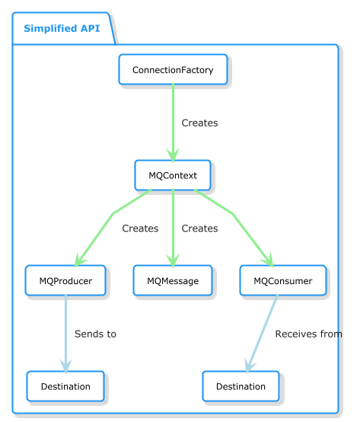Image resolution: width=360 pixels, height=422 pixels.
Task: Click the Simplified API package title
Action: (62, 28)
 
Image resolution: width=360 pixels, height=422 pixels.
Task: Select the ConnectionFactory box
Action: (173, 69)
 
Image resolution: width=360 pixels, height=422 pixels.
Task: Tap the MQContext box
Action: (173, 175)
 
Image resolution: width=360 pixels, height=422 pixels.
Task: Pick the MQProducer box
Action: (65, 280)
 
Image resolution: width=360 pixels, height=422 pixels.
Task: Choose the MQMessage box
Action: (173, 280)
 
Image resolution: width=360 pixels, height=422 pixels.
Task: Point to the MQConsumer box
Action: (283, 280)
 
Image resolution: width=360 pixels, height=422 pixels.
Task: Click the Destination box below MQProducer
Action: (65, 386)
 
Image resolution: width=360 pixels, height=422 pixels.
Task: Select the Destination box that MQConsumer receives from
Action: (241, 386)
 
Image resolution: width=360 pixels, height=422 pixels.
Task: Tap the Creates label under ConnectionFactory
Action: (199, 123)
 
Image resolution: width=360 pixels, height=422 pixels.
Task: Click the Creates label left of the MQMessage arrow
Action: (140, 229)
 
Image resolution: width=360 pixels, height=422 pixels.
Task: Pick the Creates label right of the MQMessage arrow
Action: (199, 229)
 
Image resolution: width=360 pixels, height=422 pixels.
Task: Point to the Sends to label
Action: (95, 334)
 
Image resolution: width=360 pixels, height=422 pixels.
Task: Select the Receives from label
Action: (309, 334)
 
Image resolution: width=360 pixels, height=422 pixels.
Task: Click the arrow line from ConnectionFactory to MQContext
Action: (173, 123)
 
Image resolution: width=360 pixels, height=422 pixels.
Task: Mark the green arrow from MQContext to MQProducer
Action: (113, 214)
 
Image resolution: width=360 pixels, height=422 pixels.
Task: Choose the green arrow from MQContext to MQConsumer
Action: (233, 214)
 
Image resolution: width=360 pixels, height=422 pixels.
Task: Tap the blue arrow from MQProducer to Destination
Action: (65, 334)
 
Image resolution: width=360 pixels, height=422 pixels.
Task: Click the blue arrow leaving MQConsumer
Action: (262, 334)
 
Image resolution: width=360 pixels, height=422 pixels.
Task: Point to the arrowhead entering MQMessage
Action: (173, 261)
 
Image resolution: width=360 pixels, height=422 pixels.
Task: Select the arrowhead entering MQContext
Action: (173, 155)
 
